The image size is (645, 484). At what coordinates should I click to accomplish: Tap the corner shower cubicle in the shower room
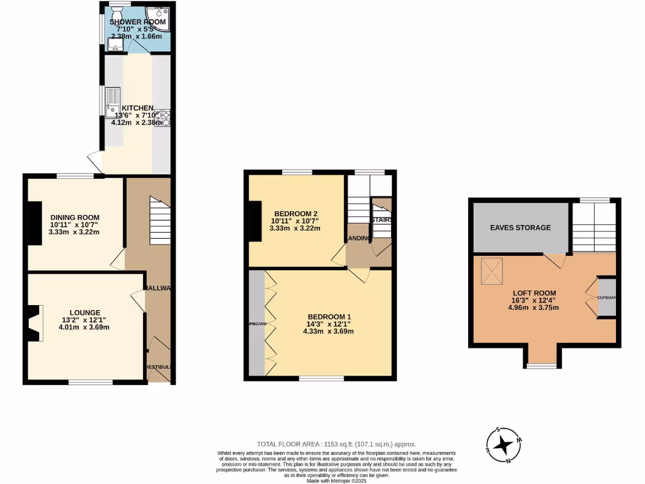tap(158, 18)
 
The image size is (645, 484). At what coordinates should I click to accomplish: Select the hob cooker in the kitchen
tap(165, 117)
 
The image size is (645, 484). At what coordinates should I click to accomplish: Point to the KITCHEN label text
tap(137, 108)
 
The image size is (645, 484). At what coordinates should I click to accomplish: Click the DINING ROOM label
tap(74, 216)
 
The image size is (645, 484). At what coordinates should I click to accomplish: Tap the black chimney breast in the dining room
tap(35, 222)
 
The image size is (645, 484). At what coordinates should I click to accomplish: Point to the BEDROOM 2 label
tap(295, 212)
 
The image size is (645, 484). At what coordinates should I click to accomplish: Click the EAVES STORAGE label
tap(520, 228)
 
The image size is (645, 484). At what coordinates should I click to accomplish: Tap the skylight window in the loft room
tap(494, 271)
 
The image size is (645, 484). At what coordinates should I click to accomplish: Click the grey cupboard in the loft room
tap(607, 297)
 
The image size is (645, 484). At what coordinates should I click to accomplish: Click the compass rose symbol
tap(503, 445)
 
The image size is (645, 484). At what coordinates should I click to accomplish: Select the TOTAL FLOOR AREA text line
tap(336, 444)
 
